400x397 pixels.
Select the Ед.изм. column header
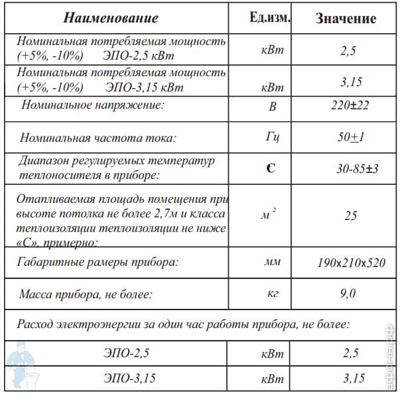pyautogui.click(x=269, y=17)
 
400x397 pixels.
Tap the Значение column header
pyautogui.click(x=346, y=19)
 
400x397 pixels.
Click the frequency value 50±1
pyautogui.click(x=350, y=138)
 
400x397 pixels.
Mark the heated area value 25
pyautogui.click(x=351, y=215)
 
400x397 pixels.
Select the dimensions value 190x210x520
pyautogui.click(x=351, y=262)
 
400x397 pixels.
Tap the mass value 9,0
pyautogui.click(x=348, y=293)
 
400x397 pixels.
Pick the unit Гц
pyautogui.click(x=272, y=138)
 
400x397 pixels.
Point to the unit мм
pyautogui.click(x=272, y=262)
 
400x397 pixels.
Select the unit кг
pyautogui.click(x=273, y=293)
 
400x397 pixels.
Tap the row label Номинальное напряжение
pyautogui.click(x=92, y=105)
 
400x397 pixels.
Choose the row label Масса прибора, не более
pyautogui.click(x=86, y=293)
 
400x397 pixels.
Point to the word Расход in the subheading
pyautogui.click(x=37, y=325)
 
